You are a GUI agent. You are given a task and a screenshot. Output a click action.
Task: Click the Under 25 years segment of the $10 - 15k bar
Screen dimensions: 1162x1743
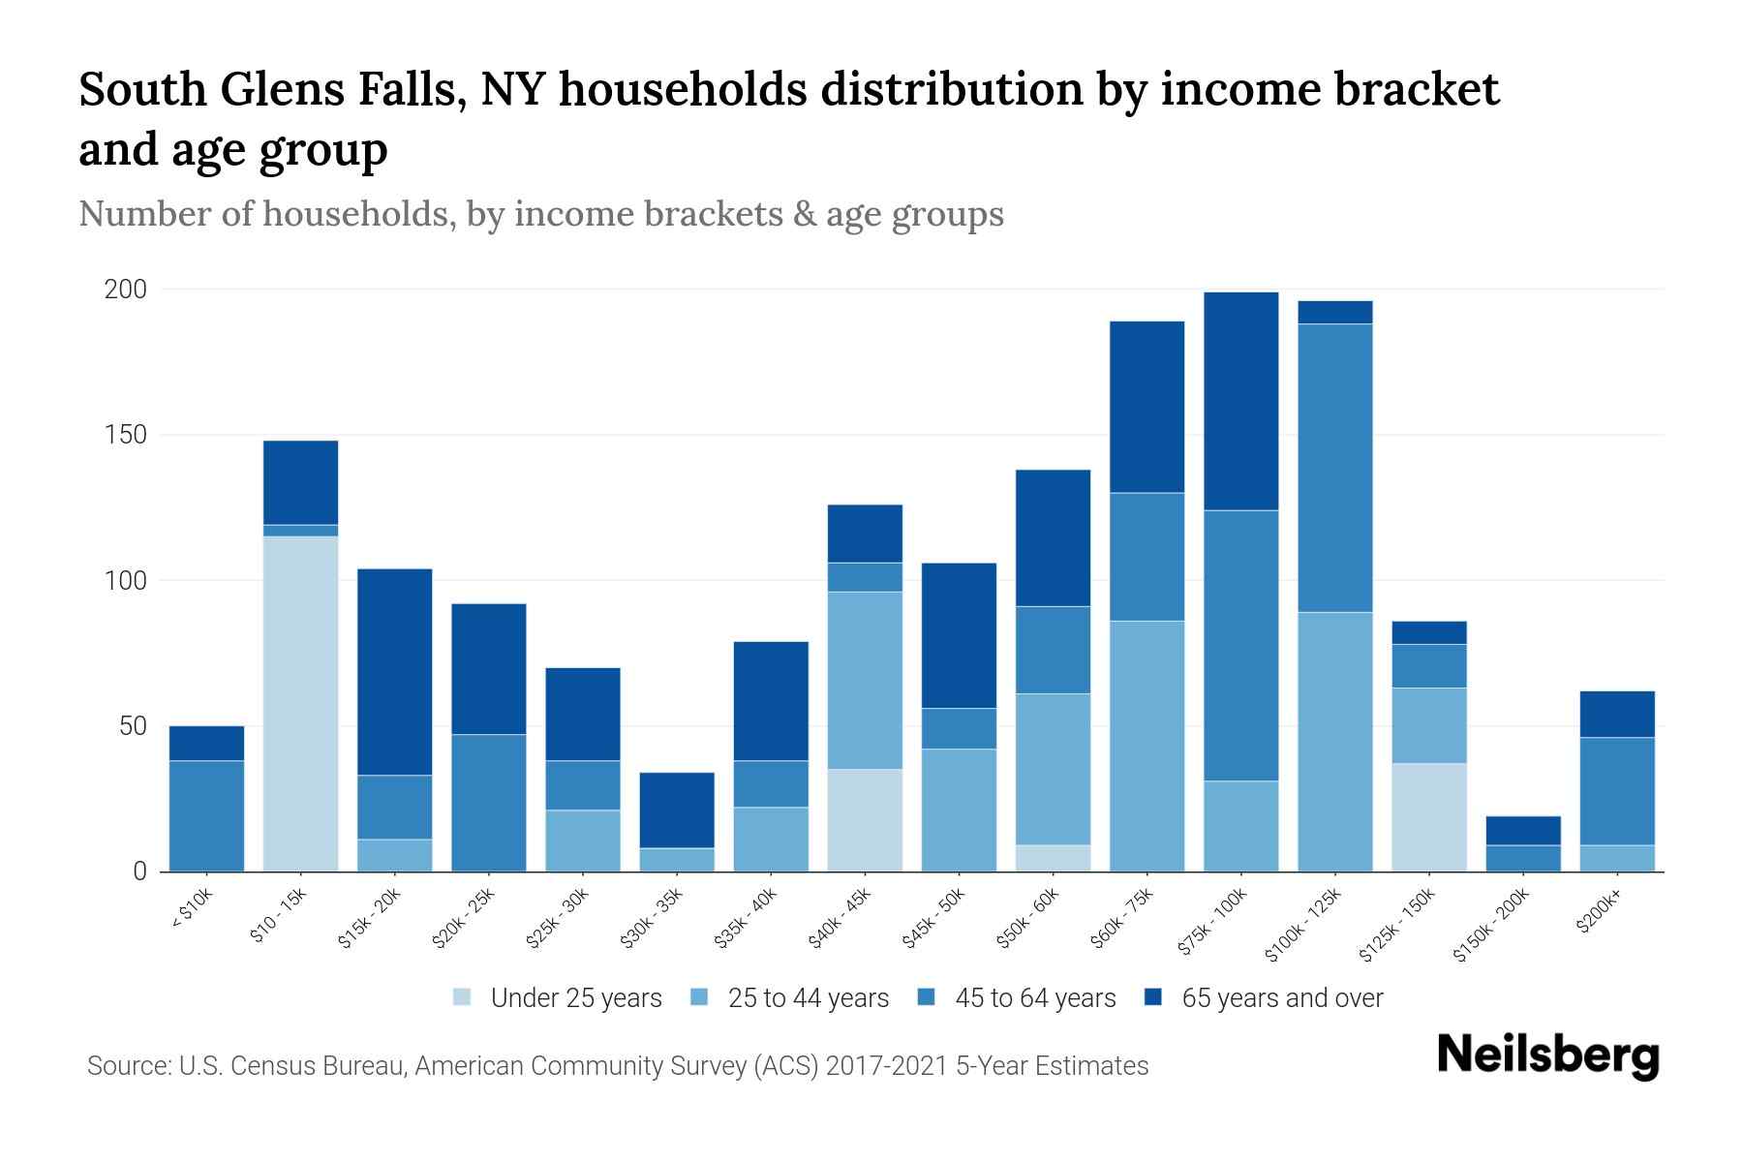tap(300, 704)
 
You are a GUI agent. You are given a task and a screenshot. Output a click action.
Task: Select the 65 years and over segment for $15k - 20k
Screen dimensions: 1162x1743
tap(394, 671)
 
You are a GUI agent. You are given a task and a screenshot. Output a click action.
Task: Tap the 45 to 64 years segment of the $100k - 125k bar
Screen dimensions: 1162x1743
tap(1335, 468)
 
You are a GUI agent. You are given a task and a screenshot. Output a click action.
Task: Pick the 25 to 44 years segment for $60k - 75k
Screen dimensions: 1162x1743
tap(1147, 746)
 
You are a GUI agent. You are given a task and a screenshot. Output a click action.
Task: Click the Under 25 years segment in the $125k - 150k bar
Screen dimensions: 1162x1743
tap(1429, 817)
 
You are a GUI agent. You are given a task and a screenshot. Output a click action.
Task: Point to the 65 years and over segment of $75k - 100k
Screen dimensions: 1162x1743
tap(1240, 401)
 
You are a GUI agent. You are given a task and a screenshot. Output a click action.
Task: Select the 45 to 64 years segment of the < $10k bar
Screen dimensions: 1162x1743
tap(206, 815)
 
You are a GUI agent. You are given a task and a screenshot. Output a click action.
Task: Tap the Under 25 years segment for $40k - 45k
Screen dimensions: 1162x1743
tap(865, 820)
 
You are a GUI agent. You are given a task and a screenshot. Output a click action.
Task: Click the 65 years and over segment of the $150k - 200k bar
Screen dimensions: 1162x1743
tap(1523, 831)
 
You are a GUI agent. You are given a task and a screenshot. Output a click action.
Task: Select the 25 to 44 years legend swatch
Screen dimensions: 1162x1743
tap(699, 997)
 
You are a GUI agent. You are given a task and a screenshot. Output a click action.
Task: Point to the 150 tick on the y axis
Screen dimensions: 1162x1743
tap(126, 435)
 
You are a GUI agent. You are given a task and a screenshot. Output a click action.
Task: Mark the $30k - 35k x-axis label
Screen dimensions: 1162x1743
tap(653, 919)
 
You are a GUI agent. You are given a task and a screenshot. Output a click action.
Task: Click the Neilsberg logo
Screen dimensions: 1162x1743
tap(1547, 1055)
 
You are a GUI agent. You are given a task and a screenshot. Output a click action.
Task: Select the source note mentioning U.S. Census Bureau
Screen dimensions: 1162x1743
tap(617, 1066)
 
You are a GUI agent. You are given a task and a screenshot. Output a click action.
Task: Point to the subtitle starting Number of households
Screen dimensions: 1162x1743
tap(540, 213)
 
